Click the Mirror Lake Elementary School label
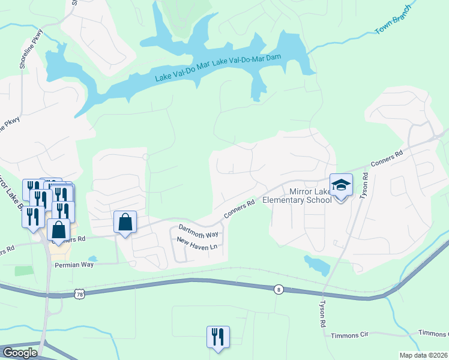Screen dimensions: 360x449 click(x=310, y=196)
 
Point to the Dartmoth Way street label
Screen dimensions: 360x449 click(x=199, y=231)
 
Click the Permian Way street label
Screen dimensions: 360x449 click(x=74, y=264)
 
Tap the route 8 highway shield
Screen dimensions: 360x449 click(x=278, y=289)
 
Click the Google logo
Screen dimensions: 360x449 click(x=20, y=353)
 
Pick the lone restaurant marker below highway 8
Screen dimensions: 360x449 click(x=217, y=337)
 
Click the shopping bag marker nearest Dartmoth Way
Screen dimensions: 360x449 click(x=125, y=222)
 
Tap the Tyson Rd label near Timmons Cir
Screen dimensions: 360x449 click(x=322, y=314)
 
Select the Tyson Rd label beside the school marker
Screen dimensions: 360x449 click(x=363, y=188)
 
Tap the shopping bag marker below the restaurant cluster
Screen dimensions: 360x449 click(x=58, y=230)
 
